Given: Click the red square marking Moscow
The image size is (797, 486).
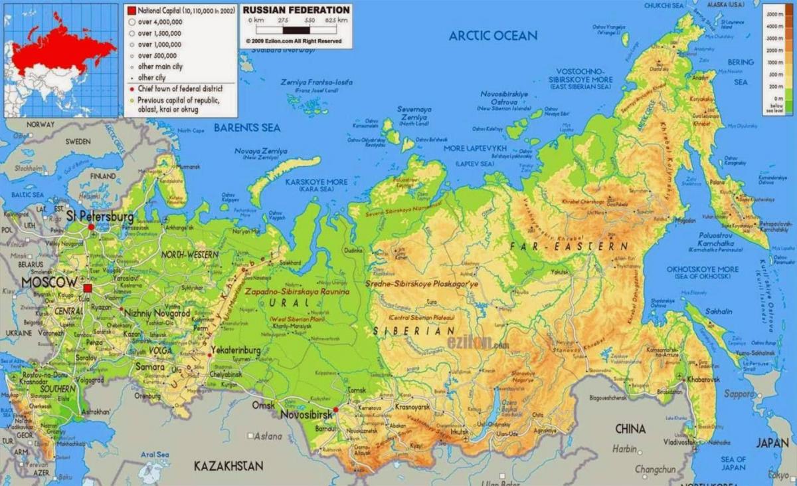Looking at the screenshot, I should pos(88,288).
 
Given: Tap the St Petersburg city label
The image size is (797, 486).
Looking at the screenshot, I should pos(100,217).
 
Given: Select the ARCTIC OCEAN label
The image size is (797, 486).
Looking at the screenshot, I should pos(493,36).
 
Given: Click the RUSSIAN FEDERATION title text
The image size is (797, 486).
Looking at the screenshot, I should pos(296,10).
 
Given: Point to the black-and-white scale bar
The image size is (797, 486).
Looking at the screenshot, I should pos(296,30).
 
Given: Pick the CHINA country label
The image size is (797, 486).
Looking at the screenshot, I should pos(630,429).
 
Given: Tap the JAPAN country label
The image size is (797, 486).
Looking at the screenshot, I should pos(772,443).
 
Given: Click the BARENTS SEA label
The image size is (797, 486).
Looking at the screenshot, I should pos(246,128).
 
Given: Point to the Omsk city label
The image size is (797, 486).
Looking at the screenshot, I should pos(262,405).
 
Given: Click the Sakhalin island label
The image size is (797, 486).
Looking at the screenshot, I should pos(720,311).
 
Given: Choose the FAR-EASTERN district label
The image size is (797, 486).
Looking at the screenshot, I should pos(569,247).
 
